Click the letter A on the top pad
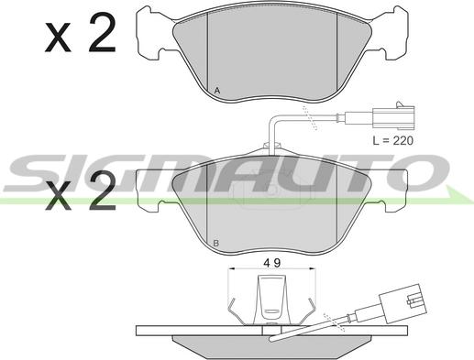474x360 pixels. tap(217, 91)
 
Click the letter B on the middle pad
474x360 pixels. tap(216, 244)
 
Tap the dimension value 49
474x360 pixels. tap(272, 263)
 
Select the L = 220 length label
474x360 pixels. tap(392, 141)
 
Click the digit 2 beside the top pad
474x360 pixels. tap(103, 32)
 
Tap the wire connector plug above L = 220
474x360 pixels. tap(393, 115)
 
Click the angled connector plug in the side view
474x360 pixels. tap(402, 303)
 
